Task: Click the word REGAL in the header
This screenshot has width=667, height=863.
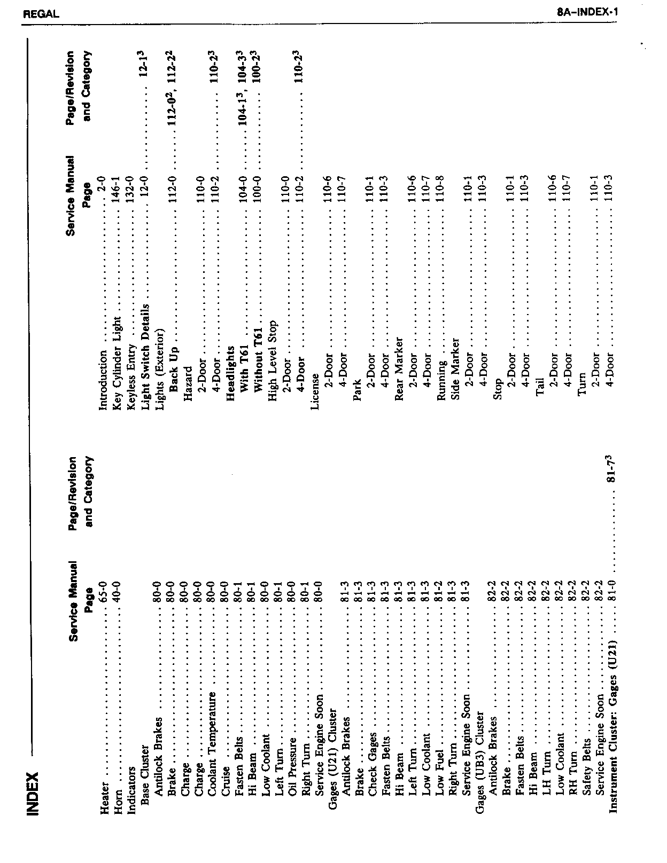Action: point(41,14)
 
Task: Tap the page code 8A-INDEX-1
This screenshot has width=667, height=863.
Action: point(587,12)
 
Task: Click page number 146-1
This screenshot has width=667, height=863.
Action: point(118,186)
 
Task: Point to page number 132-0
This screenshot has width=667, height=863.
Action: point(132,186)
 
